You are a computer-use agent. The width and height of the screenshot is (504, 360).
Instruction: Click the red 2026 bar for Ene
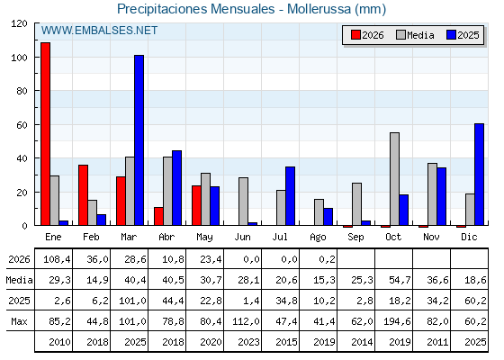(45, 134)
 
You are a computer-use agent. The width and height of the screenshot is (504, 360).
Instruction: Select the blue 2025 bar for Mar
(139, 140)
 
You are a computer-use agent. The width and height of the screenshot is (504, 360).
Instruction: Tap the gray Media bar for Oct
(394, 179)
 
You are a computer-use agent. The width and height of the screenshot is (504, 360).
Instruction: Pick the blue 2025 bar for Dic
(479, 175)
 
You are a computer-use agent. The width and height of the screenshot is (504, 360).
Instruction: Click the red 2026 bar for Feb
(83, 195)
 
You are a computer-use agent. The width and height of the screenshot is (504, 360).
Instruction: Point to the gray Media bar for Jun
(243, 202)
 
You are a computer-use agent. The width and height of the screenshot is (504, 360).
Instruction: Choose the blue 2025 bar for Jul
(290, 196)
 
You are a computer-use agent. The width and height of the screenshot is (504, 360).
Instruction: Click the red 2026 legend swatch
(355, 35)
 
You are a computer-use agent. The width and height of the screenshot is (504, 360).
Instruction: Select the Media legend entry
(415, 35)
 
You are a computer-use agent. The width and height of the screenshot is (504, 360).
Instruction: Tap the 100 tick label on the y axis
(19, 58)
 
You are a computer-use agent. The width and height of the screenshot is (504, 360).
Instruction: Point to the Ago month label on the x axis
(318, 238)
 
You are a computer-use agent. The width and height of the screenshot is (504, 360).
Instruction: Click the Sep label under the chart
(355, 238)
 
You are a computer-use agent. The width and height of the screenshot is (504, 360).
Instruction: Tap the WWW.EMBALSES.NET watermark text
(99, 31)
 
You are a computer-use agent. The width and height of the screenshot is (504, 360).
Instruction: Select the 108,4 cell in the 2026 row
(57, 259)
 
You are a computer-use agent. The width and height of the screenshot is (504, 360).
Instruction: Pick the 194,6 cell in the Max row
(397, 321)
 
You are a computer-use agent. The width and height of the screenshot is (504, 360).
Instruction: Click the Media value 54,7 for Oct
(400, 280)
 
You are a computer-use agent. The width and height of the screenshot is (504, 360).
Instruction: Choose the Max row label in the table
(19, 321)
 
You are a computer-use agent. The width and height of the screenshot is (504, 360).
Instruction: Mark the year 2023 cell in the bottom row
(248, 342)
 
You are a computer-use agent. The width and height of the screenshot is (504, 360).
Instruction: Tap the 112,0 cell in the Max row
(246, 321)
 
